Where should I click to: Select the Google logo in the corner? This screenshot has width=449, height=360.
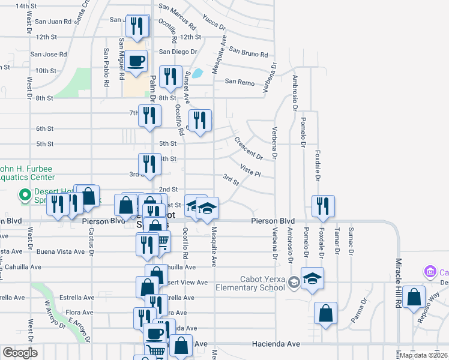(20, 353)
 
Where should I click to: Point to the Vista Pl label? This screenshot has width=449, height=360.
(250, 170)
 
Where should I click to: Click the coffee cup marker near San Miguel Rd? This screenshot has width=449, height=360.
(136, 61)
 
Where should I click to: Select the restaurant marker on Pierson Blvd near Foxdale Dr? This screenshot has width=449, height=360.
(323, 206)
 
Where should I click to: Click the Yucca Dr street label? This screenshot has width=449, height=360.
(214, 22)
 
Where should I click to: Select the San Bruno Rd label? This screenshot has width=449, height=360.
(247, 52)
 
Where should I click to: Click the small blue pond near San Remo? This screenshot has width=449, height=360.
(197, 74)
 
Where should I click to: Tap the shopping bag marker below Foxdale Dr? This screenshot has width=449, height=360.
(325, 314)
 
